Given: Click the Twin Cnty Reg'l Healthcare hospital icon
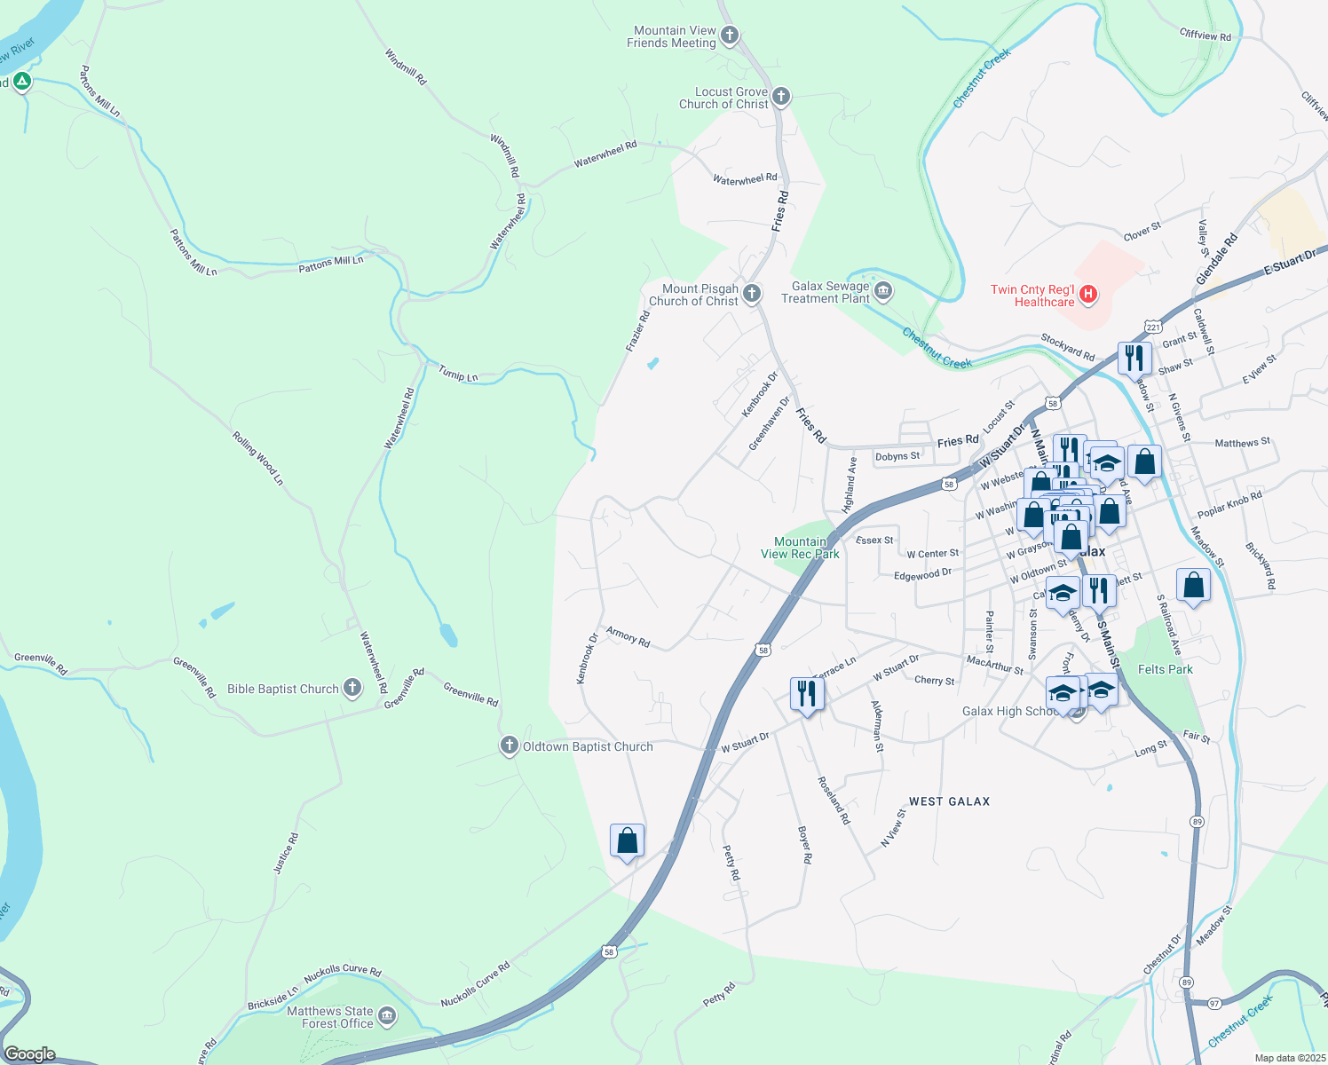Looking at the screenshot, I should [x=1088, y=294].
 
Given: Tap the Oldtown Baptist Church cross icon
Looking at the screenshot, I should [x=510, y=745].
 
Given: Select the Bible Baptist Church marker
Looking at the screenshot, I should [x=352, y=688].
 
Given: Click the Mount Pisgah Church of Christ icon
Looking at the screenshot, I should [x=752, y=294].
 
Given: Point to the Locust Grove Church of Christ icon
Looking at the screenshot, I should [x=781, y=97].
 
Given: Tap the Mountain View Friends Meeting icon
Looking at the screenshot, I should [x=730, y=36].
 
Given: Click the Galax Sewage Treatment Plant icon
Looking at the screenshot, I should [x=883, y=291].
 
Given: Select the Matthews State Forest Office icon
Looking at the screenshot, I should [x=387, y=1015].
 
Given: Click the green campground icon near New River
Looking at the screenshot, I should [x=22, y=83].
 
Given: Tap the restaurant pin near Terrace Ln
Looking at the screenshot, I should [x=806, y=693].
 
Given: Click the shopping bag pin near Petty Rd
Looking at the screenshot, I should [x=627, y=840].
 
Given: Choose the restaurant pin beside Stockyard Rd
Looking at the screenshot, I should [x=1134, y=358].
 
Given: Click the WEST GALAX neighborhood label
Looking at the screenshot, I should [x=949, y=801].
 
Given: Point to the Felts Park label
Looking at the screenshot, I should [x=1165, y=669].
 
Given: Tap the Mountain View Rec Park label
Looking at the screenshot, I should [x=800, y=548].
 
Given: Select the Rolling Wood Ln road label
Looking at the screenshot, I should [x=258, y=458].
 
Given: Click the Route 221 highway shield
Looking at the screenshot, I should [x=1151, y=326].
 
